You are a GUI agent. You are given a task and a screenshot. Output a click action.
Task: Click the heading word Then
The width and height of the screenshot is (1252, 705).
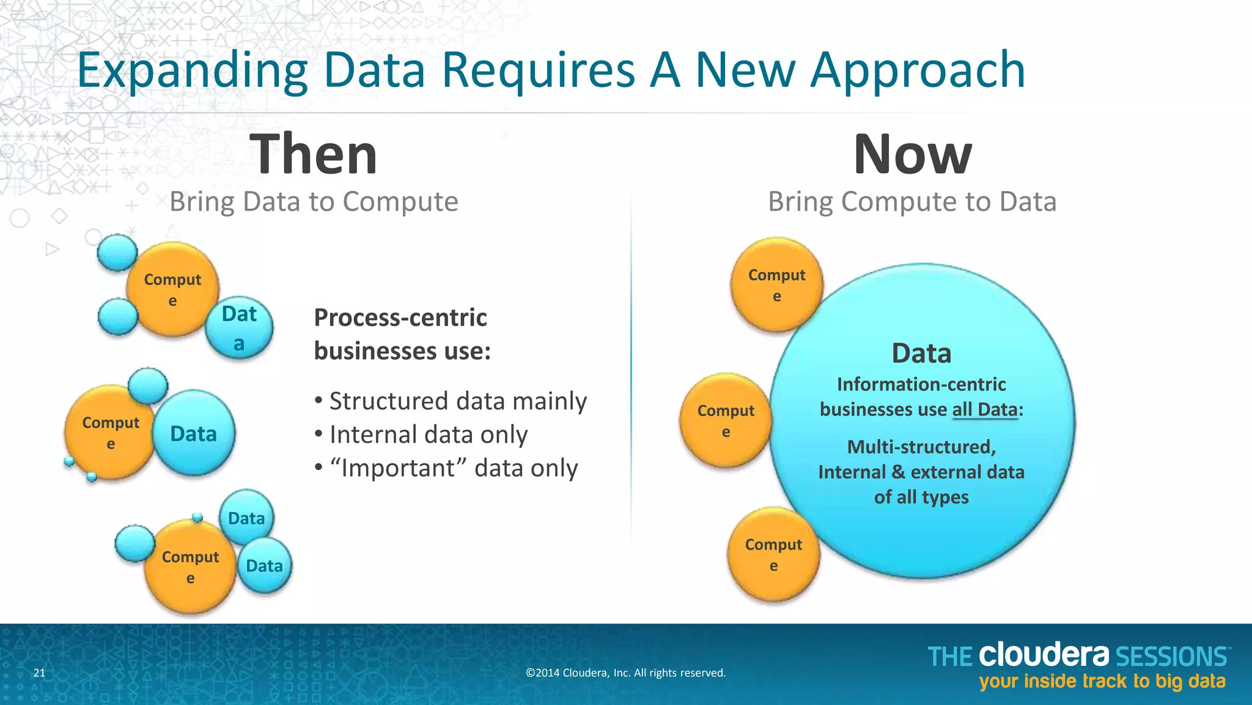[314, 154]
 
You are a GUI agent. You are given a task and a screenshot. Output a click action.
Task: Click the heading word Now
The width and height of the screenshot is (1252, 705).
[912, 154]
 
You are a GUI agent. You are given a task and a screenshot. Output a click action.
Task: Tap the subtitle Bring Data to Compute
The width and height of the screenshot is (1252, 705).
[314, 201]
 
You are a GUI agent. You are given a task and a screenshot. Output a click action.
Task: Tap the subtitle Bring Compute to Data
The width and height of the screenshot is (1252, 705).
[912, 201]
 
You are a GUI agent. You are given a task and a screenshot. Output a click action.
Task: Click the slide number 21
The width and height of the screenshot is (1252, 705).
[39, 673]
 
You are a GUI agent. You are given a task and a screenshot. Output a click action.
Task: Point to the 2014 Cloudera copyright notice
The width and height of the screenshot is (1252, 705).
[625, 673]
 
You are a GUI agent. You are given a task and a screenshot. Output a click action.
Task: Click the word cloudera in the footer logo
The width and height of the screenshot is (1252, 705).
[1043, 655]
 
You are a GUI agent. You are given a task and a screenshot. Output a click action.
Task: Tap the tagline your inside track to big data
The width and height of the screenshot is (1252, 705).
[1102, 682]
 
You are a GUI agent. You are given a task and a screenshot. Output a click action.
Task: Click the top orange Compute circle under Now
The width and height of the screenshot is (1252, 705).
[776, 285]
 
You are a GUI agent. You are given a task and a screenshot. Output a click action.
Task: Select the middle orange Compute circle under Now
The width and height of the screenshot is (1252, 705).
[726, 421]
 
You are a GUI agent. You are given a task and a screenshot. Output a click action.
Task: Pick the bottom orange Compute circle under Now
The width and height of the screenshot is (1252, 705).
[773, 555]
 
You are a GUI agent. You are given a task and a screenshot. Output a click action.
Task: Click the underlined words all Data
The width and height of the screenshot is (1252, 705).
[985, 409]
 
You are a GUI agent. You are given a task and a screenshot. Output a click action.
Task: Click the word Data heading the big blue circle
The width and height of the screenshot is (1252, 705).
[921, 353]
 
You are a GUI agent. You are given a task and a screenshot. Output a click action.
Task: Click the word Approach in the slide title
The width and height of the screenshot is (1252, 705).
[918, 70]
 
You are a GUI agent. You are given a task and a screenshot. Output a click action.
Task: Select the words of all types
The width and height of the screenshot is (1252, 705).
[921, 497]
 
